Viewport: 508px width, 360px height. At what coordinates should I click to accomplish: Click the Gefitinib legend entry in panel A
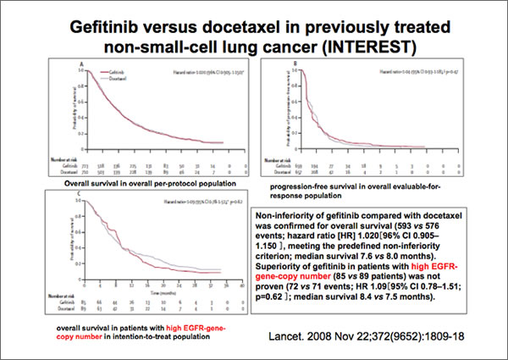tap(113, 72)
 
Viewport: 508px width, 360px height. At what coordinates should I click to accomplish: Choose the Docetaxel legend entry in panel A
tap(114, 78)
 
